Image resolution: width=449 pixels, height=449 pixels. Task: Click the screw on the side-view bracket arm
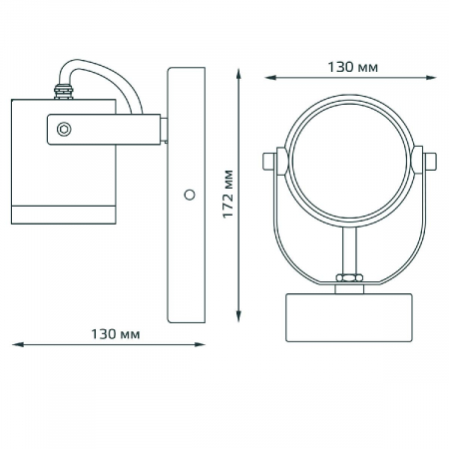point(65,128)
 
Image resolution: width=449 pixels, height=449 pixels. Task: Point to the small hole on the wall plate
point(188,196)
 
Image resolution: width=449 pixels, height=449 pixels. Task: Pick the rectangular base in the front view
point(350,314)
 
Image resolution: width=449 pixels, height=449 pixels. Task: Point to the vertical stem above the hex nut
point(350,249)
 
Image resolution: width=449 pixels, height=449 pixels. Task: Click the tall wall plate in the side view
point(186,195)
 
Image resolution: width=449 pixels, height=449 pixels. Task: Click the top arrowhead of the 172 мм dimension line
point(239,72)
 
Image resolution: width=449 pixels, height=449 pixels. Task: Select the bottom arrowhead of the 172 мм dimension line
point(239,319)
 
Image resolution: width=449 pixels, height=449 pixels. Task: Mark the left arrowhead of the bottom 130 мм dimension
point(15,345)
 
